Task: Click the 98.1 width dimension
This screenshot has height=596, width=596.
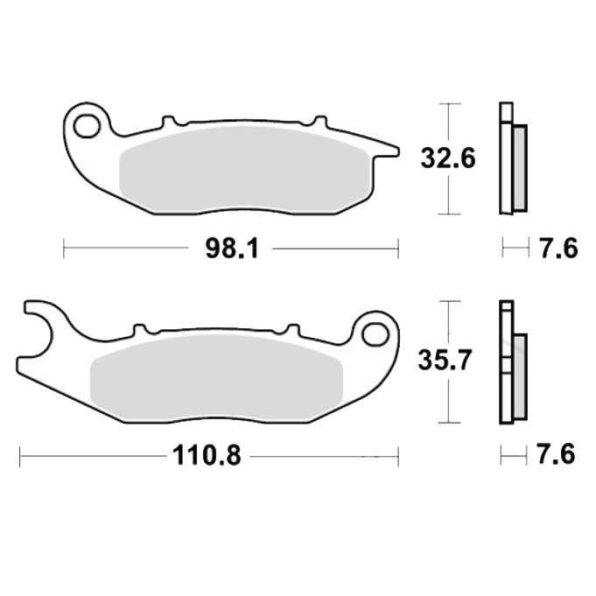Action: tap(232, 249)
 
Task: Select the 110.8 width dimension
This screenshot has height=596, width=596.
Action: tap(207, 456)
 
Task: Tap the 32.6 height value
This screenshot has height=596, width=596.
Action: tap(448, 158)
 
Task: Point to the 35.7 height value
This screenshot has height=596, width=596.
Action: tap(445, 361)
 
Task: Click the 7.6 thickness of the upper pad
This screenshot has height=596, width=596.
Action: tap(558, 249)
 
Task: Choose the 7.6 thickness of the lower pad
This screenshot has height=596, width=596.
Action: tap(556, 454)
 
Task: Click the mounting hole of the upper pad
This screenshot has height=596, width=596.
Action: tap(87, 125)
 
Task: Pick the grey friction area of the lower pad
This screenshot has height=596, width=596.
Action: tap(216, 377)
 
